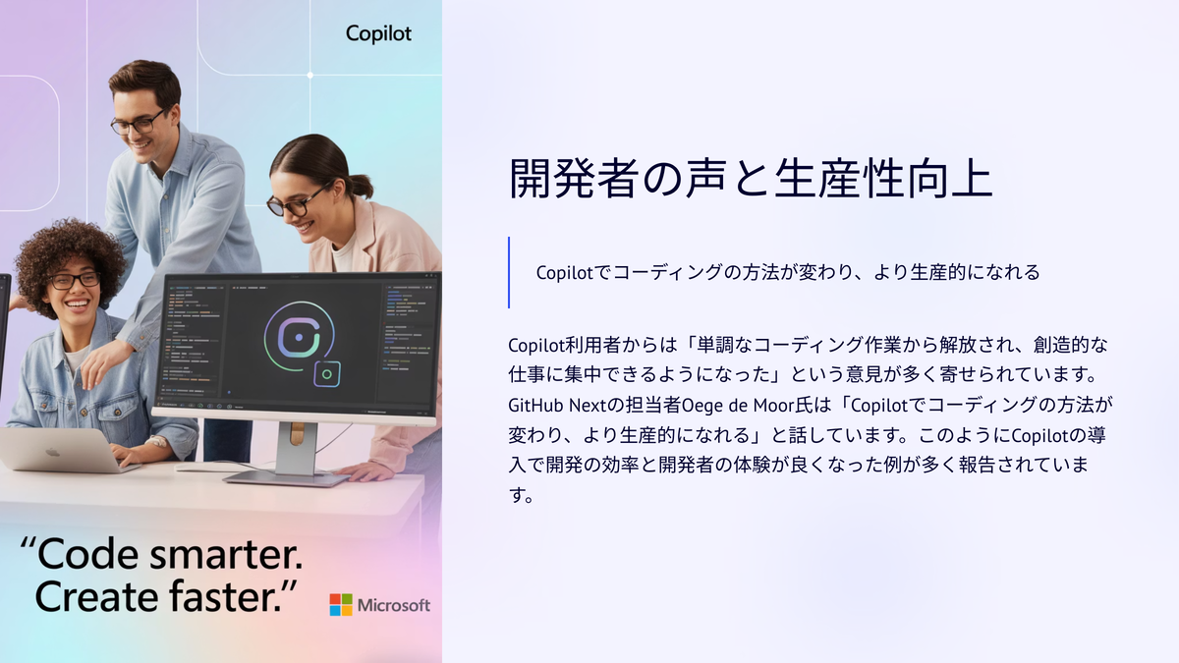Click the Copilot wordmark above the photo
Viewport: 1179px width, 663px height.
tap(378, 33)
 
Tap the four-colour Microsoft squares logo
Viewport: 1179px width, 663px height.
tap(341, 605)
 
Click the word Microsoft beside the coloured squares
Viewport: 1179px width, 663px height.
tap(394, 606)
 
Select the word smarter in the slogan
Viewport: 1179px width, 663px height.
tap(226, 555)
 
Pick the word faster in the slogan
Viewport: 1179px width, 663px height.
tap(225, 597)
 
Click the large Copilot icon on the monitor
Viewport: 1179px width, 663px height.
tap(299, 337)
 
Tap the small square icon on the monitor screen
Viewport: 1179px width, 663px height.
tap(327, 374)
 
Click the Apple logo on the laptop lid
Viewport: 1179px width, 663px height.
tap(52, 452)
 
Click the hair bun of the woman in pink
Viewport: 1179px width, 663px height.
tap(362, 186)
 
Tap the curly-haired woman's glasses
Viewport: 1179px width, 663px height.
tap(74, 281)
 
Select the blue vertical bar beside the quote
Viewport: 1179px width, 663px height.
tap(509, 273)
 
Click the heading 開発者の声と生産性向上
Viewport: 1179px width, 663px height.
tap(751, 179)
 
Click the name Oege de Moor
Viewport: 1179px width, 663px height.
tap(749, 405)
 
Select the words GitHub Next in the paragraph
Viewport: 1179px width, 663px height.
tap(551, 405)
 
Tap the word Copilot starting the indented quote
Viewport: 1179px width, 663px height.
tap(565, 273)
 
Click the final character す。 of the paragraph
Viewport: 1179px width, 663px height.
tap(522, 495)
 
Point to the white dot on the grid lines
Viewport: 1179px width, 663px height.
tap(310, 76)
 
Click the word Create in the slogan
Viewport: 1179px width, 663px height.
tap(97, 597)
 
